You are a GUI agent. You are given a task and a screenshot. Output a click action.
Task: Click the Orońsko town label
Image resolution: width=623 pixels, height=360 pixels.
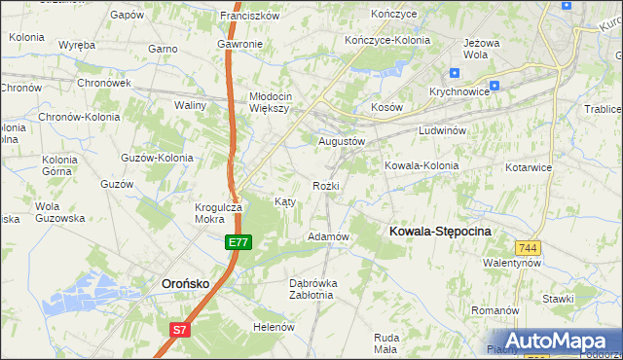click(184, 283)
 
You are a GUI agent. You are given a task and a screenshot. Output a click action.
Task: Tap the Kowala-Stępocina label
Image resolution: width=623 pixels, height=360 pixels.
click(440, 231)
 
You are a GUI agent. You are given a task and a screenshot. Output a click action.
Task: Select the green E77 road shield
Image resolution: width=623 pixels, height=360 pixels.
click(238, 241)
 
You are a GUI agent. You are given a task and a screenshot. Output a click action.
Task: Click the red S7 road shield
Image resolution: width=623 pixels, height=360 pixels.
click(179, 330)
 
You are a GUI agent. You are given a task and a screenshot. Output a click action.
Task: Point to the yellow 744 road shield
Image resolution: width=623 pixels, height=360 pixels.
click(529, 248)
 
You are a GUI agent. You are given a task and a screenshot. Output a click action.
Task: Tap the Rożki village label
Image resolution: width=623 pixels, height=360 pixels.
click(326, 185)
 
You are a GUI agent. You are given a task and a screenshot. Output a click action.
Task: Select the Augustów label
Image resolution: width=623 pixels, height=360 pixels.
click(342, 141)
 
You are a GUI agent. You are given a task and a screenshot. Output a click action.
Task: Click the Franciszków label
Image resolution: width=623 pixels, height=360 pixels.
click(250, 16)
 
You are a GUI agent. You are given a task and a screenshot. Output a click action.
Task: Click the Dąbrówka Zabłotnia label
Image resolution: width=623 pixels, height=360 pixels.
click(312, 289)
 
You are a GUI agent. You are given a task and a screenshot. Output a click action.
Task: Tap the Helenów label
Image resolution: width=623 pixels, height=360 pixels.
click(274, 327)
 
